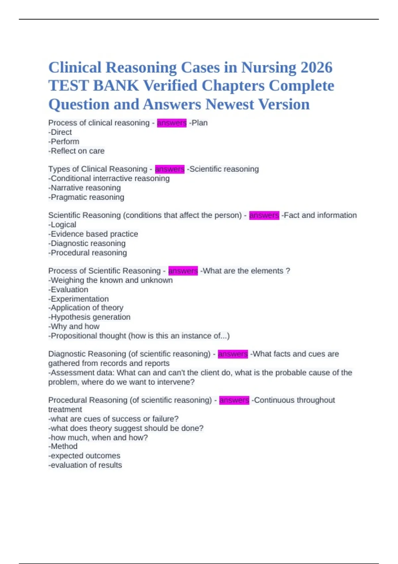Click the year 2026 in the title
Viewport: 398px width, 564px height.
coord(316,68)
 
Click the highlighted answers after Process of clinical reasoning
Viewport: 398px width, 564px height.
coord(171,123)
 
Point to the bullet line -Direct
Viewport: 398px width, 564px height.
coord(60,132)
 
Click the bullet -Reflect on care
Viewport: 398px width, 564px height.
coord(76,151)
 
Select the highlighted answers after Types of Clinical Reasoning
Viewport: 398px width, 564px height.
coord(169,169)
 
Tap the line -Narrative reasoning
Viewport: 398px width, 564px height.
coord(85,188)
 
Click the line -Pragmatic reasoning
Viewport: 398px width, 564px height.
coord(86,197)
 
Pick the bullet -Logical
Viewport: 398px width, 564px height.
coord(62,225)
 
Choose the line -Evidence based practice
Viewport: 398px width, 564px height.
coord(93,234)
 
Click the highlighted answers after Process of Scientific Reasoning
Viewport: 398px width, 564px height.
coord(183,271)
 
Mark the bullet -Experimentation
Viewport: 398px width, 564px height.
coord(79,299)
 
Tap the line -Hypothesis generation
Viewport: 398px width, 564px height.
coord(90,317)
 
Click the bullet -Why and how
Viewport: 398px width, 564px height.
coord(74,326)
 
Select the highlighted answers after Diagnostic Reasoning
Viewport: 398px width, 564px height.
coord(232,354)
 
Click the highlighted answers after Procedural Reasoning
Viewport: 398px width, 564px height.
coord(234,400)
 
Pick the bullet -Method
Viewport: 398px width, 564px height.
coord(63,447)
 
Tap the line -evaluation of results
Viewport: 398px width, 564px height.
coord(85,465)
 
